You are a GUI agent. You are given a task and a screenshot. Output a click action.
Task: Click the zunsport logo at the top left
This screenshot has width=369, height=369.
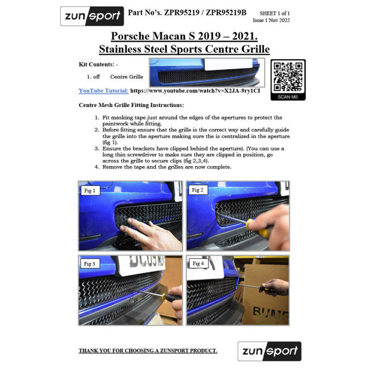click(92, 16)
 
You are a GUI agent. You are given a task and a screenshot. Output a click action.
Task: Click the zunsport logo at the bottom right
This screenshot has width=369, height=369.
click(269, 351)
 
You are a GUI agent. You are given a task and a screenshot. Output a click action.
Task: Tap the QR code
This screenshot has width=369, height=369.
click(288, 77)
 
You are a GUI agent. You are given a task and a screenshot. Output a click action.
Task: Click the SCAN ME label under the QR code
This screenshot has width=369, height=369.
click(288, 97)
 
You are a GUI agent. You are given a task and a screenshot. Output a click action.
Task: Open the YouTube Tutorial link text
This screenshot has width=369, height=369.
click(103, 91)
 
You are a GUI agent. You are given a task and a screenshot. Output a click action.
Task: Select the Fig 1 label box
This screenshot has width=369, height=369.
click(90, 191)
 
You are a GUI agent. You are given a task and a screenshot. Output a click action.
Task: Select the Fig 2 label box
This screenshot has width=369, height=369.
click(198, 190)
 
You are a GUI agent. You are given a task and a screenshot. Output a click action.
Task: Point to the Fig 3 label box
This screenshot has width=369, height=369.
click(90, 264)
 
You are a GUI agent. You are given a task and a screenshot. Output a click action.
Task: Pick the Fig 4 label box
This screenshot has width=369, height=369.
click(198, 264)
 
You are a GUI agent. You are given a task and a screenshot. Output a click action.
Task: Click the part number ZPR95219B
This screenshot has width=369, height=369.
click(226, 13)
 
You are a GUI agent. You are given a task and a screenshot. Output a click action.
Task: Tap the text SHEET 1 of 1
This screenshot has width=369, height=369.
click(275, 13)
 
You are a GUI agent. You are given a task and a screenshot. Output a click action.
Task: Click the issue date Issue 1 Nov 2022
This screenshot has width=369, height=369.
click(271, 20)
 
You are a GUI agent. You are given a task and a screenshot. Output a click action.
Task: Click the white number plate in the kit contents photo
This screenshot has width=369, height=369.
click(228, 64)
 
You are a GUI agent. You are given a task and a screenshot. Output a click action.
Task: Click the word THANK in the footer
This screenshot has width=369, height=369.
click(88, 351)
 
